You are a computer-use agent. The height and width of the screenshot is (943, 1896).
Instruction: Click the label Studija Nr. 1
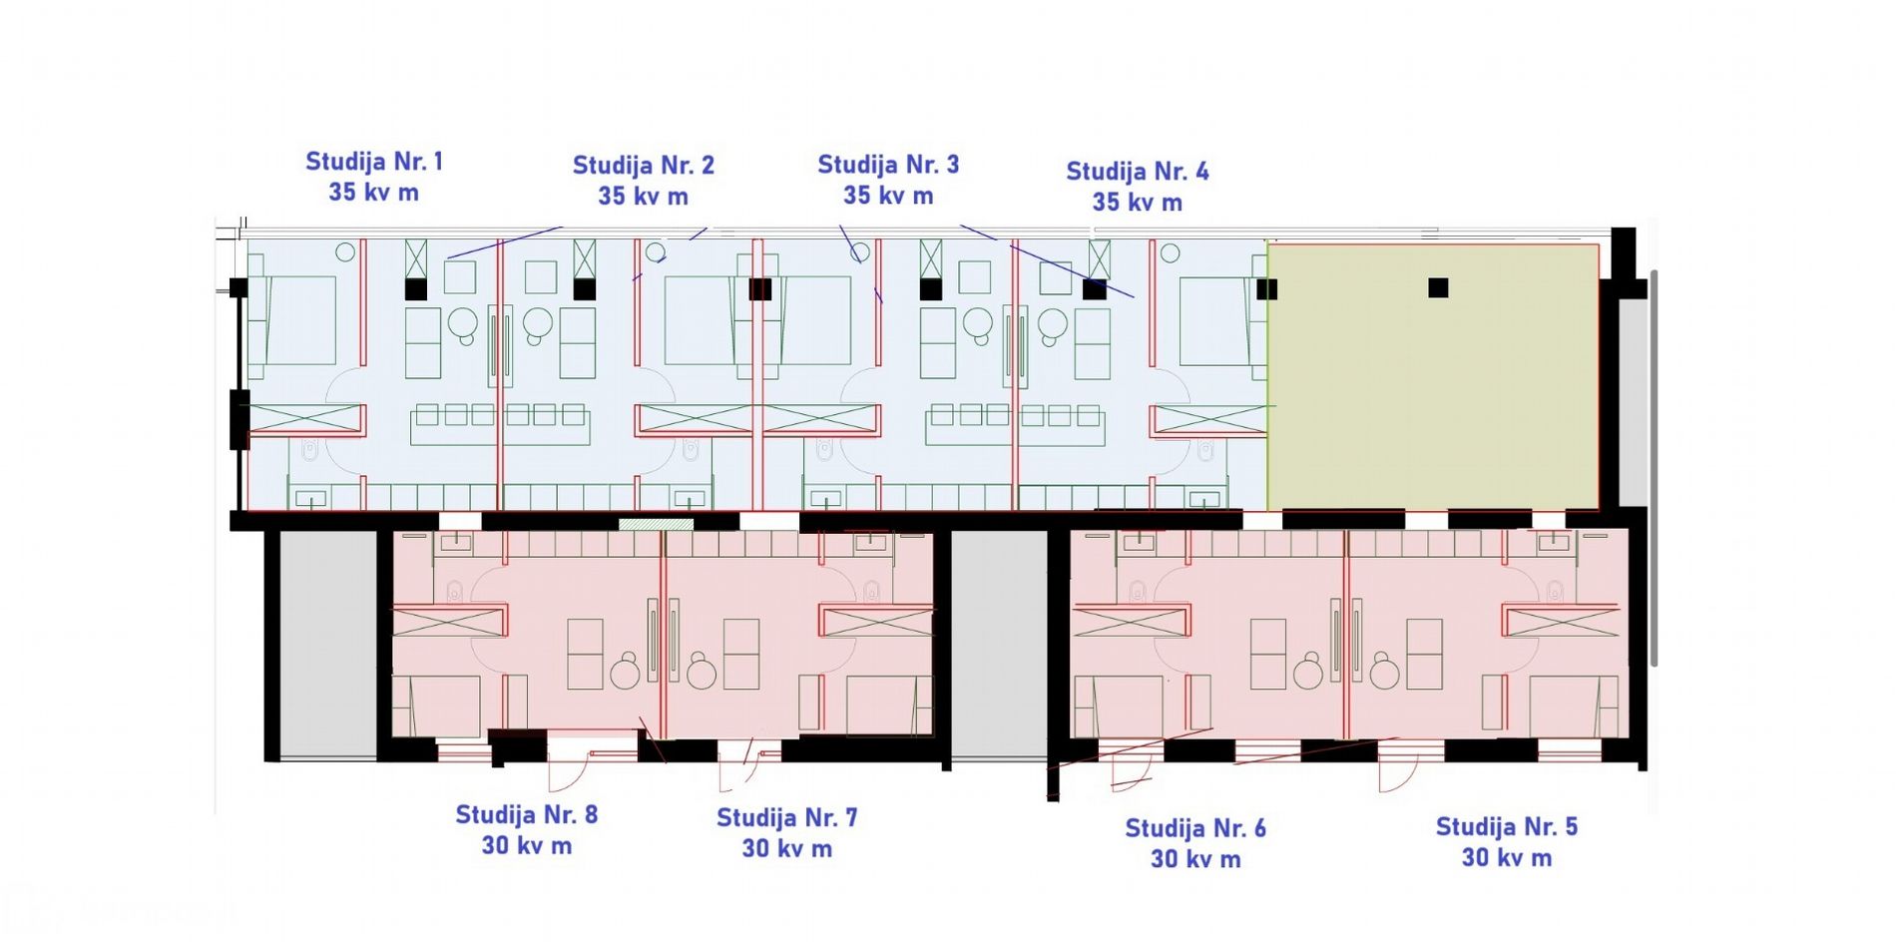(374, 162)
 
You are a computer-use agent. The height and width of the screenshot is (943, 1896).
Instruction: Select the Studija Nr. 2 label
(644, 166)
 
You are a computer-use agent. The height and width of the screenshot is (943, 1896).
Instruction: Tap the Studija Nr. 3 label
(888, 165)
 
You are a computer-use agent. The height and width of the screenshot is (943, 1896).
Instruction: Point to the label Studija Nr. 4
(1138, 172)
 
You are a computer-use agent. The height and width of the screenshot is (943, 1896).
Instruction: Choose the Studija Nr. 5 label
(1507, 827)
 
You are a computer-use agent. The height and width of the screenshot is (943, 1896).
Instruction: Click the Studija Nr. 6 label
(1195, 829)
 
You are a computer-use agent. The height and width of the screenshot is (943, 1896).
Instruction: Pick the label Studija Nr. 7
(787, 818)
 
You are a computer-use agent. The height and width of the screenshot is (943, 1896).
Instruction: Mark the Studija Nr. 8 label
(527, 815)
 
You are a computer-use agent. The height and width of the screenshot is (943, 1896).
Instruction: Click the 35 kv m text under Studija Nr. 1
(374, 193)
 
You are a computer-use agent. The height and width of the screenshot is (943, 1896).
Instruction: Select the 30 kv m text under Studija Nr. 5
(1507, 858)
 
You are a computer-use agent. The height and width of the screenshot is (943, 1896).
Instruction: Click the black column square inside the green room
(1438, 287)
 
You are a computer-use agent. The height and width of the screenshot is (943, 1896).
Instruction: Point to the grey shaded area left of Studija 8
(328, 644)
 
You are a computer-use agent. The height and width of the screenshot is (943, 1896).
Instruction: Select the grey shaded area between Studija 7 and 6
(999, 644)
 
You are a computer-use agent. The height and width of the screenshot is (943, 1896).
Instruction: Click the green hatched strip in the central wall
(656, 524)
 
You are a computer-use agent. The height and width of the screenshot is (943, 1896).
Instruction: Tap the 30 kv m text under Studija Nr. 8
(527, 846)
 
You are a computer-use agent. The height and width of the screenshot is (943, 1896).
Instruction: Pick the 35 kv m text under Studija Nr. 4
(1138, 203)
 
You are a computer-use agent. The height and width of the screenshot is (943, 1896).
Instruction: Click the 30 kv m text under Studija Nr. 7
(787, 849)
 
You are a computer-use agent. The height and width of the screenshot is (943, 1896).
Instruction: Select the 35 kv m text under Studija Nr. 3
(888, 196)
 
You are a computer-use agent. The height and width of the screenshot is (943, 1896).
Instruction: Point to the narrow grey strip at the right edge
(1632, 399)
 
